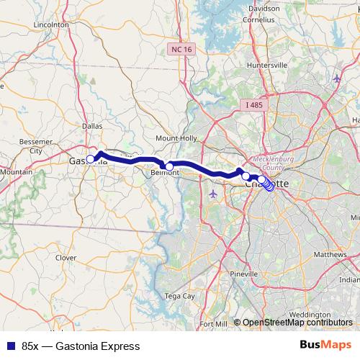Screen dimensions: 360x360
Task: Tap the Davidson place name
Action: pos(264,9)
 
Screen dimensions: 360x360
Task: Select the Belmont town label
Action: pos(166,173)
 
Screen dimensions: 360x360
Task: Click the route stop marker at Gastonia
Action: pos(91,159)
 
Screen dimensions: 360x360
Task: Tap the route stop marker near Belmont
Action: pos(169,166)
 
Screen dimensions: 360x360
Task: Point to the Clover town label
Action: pos(66,257)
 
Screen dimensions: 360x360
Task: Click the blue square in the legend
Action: pos(11,346)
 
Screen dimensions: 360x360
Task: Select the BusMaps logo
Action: pos(325,345)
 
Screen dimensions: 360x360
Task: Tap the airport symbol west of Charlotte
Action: pos(212,195)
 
